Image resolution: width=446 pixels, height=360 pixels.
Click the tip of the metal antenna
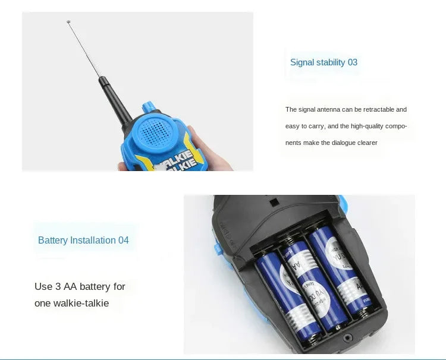pyautogui.click(x=69, y=23)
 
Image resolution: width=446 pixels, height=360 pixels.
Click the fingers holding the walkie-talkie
pyautogui.click(x=196, y=143)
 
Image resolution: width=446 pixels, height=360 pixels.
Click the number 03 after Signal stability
pyautogui.click(x=352, y=62)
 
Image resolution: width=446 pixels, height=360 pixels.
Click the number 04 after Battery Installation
pyautogui.click(x=123, y=240)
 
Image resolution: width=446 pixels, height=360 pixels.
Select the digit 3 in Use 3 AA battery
pyautogui.click(x=58, y=286)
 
